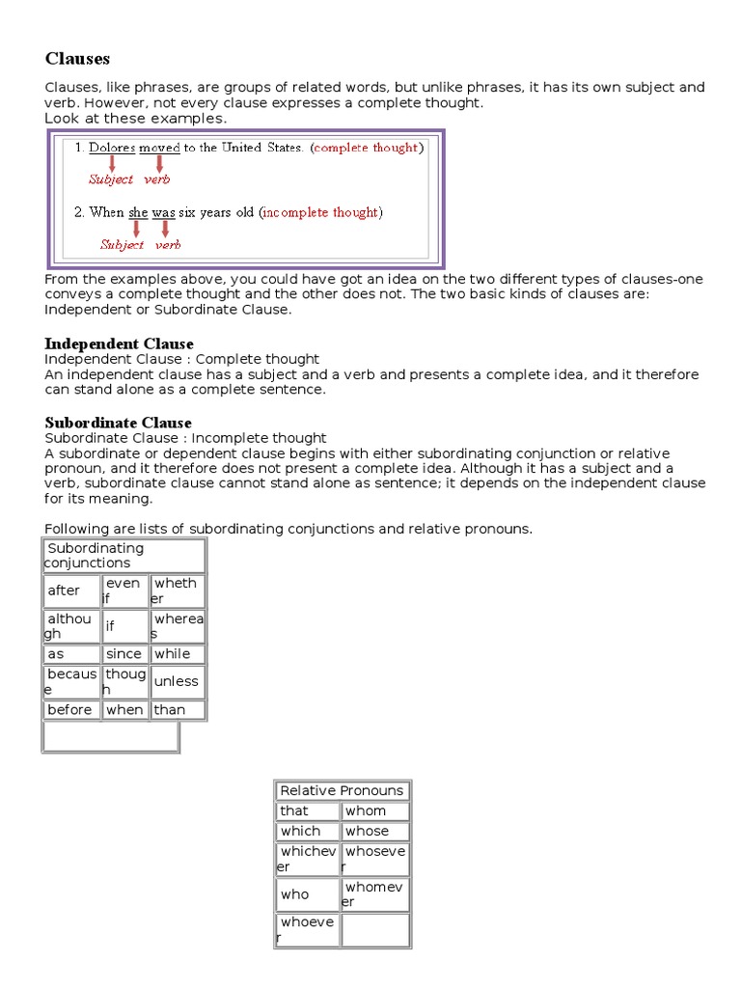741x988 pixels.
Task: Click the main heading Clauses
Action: [77, 60]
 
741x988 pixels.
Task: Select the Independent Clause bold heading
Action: [119, 343]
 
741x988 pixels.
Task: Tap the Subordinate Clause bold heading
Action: [119, 423]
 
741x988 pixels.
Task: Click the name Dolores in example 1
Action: [112, 148]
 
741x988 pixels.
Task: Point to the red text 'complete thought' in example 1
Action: [367, 148]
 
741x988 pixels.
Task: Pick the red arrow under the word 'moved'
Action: [159, 163]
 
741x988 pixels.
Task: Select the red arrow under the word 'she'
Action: [136, 229]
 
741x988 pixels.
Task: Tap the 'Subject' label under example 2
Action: [122, 245]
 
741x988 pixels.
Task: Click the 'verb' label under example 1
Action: [157, 179]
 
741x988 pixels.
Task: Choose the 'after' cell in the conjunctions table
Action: [72, 591]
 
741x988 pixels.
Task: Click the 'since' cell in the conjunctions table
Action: [125, 653]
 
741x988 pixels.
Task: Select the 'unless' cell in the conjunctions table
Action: [178, 681]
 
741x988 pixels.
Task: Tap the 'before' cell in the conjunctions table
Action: [72, 710]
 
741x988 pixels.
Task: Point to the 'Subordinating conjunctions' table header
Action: [123, 556]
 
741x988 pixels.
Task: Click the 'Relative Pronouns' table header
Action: [343, 790]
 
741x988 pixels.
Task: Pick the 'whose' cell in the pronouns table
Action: [374, 831]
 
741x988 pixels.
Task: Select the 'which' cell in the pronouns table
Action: [308, 831]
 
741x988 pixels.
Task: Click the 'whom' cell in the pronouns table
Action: [374, 811]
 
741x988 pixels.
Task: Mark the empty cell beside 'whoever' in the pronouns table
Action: [374, 930]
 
